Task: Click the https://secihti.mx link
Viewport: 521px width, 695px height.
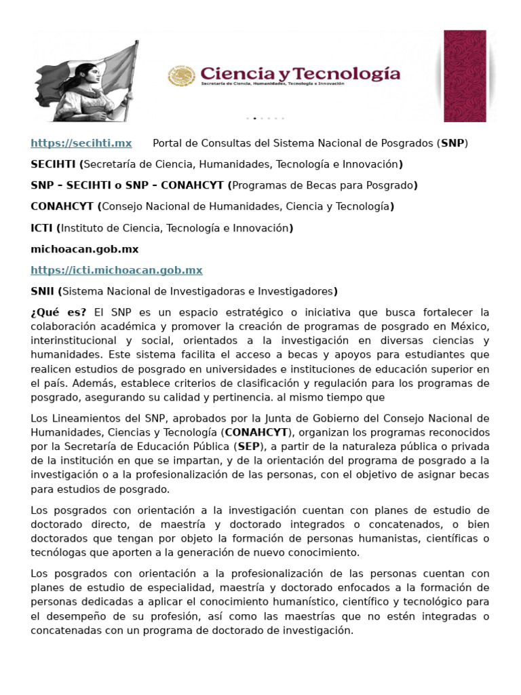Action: (x=81, y=143)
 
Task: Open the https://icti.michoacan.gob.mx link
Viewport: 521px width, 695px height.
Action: (x=117, y=270)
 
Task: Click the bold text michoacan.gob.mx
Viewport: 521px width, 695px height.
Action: (x=85, y=249)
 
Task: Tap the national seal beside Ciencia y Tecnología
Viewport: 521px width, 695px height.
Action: (x=181, y=76)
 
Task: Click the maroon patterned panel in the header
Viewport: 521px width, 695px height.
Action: (x=465, y=75)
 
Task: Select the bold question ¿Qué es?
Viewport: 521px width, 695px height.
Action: (x=58, y=312)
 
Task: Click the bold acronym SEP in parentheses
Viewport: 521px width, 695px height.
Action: (x=249, y=446)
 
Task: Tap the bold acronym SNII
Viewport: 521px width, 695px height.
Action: (x=43, y=291)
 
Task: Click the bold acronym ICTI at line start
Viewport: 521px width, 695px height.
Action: (x=42, y=228)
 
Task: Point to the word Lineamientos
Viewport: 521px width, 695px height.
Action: (x=83, y=417)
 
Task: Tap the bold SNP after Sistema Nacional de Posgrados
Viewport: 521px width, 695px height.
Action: (x=453, y=143)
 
